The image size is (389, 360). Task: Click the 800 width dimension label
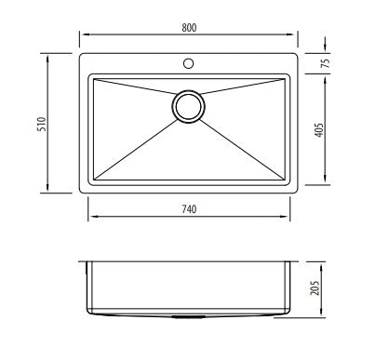pyautogui.click(x=189, y=28)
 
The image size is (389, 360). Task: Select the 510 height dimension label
pyautogui.click(x=42, y=124)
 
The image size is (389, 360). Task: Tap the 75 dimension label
pyautogui.click(x=326, y=63)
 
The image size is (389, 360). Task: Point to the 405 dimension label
pyautogui.click(x=319, y=130)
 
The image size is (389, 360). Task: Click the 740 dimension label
pyautogui.click(x=189, y=209)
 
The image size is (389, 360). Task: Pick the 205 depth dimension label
pyautogui.click(x=315, y=288)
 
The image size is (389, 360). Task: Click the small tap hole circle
pyautogui.click(x=188, y=63)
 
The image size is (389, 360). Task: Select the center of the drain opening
pyautogui.click(x=188, y=106)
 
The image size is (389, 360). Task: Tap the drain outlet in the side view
pyautogui.click(x=188, y=317)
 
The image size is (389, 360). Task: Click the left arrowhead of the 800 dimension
pyautogui.click(x=83, y=34)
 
